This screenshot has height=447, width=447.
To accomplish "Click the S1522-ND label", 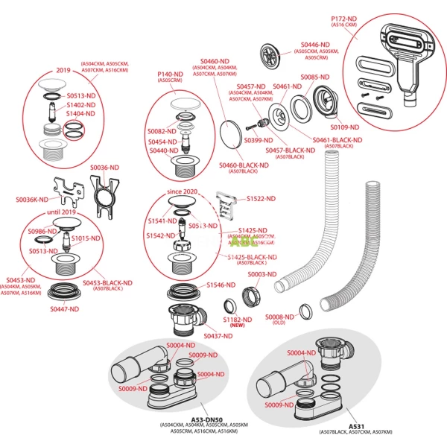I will pyautogui.click(x=261, y=199).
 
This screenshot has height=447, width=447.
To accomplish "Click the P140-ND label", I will pyautogui.click(x=170, y=74).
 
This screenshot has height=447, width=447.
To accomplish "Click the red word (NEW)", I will pyautogui.click(x=238, y=326).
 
